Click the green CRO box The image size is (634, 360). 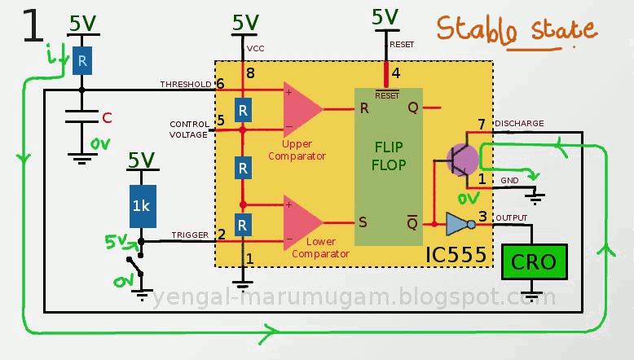coord(533,262)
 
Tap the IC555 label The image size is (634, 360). coord(456,256)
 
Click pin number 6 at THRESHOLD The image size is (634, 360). coord(220,84)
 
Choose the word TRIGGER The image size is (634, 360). coord(189,235)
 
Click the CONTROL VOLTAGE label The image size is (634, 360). coord(189,130)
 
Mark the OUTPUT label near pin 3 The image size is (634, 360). coord(512,217)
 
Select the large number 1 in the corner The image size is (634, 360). coord(33,28)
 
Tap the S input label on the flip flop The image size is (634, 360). coord(363,221)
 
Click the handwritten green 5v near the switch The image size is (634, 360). coord(117,242)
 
